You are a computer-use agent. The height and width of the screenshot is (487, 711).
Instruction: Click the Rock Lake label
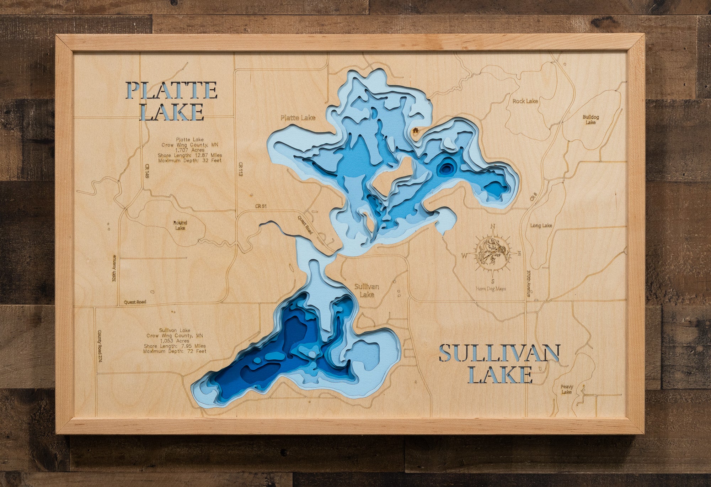525,101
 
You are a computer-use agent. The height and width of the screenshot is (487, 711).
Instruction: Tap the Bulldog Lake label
590,120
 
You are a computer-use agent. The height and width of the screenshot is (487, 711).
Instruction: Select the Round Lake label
180,225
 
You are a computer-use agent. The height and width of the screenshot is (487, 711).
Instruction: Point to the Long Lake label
541,226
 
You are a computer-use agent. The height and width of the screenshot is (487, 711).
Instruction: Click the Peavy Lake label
567,389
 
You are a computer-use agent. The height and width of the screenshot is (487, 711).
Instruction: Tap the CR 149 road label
146,171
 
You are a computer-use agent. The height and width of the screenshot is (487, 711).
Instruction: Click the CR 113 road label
241,170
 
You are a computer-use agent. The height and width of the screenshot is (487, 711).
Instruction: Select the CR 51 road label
261,206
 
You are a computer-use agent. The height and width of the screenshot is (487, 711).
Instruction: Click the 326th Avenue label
114,268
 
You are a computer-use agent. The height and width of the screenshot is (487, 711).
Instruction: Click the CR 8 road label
533,197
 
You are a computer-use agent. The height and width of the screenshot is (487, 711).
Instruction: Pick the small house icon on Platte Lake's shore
415,131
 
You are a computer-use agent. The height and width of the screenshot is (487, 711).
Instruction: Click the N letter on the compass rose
493,226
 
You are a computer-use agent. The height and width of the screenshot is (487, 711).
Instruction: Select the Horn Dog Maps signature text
491,289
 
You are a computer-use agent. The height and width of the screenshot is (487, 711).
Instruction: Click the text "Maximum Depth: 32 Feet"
190,160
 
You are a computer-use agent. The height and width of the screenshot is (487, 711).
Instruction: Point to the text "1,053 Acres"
175,341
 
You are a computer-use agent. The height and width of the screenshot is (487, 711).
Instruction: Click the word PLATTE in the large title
171,90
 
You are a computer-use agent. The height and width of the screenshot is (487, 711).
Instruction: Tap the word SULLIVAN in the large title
499,353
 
